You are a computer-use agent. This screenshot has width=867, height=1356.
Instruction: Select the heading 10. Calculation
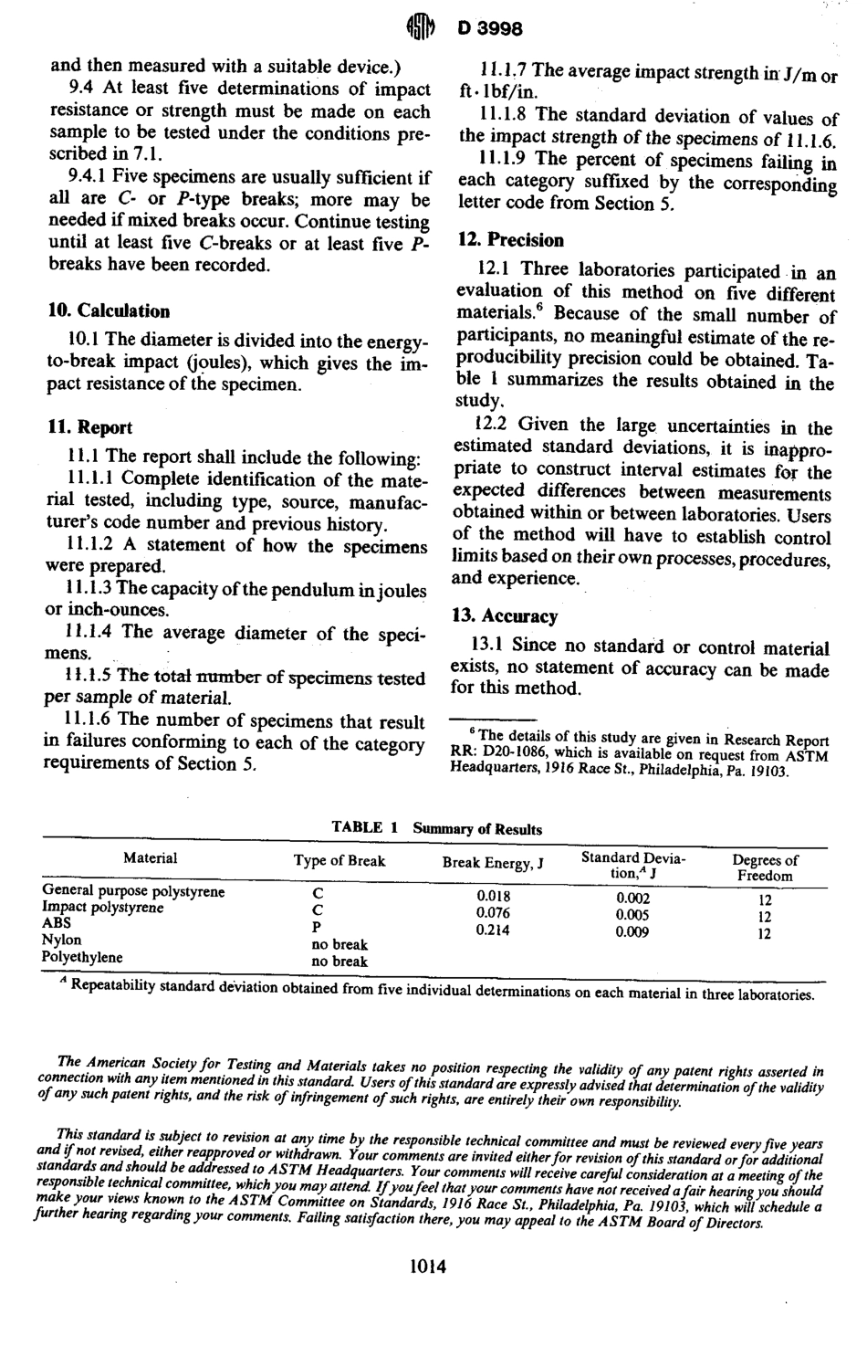109,311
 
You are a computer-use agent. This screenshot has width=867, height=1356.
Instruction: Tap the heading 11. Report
89,427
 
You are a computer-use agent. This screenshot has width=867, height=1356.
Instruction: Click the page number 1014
428,1267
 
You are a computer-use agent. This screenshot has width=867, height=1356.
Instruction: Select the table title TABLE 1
365,828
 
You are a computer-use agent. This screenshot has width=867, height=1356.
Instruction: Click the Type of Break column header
339,861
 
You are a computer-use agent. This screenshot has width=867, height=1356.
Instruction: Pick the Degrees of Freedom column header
765,867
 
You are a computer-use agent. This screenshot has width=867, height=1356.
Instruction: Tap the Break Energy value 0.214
493,930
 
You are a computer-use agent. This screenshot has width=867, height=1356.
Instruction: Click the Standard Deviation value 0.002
632,898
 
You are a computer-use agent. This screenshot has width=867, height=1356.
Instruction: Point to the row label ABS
57,923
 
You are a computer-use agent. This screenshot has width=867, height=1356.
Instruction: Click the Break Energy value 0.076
493,913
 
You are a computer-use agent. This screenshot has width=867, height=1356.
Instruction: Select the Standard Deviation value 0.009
632,932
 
